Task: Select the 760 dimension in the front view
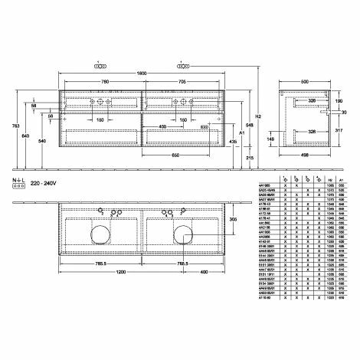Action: tap(101, 80)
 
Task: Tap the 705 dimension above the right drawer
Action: tap(181, 80)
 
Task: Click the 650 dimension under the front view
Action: tap(175, 154)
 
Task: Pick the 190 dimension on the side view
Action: tap(338, 100)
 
